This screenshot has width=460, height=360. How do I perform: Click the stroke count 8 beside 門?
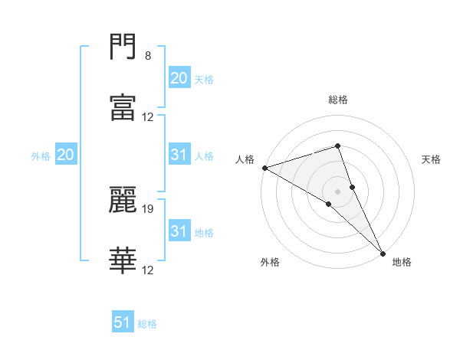point(148,56)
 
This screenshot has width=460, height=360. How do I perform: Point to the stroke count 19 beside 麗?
point(148,208)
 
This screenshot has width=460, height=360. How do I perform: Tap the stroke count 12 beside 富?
point(148,117)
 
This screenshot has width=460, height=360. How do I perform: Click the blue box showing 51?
point(123,322)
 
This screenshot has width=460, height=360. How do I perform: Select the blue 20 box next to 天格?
point(179,78)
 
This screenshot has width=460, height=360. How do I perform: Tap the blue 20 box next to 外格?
point(65,155)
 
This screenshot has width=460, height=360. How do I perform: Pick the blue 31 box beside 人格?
point(179,155)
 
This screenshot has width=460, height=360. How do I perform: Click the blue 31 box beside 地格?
point(179,231)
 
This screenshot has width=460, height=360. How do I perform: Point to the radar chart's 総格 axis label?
point(338,100)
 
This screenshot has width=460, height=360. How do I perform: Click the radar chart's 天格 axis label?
point(432,159)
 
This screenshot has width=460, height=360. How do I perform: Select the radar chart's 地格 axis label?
point(402,262)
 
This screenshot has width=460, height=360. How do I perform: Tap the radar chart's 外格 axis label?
point(270,262)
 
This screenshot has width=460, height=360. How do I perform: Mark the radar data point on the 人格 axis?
point(264,168)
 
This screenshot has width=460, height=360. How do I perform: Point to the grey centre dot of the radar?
point(337,190)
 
